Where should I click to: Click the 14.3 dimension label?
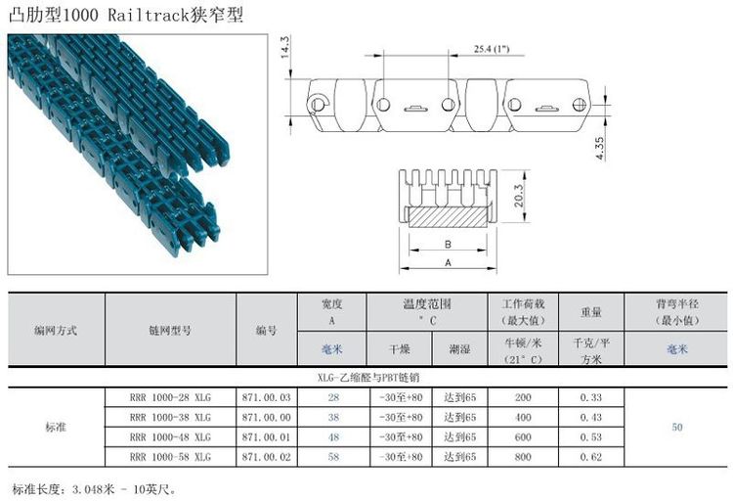pyautogui.click(x=284, y=47)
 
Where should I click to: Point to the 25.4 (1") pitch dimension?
pyautogui.click(x=492, y=49)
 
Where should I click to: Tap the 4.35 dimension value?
pyautogui.click(x=600, y=148)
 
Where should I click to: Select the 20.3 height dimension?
pyautogui.click(x=518, y=196)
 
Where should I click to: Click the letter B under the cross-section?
pyautogui.click(x=448, y=245)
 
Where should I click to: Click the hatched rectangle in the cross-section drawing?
pyautogui.click(x=448, y=217)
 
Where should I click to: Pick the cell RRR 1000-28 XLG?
pyautogui.click(x=170, y=397)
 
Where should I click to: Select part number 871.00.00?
pyautogui.click(x=267, y=417)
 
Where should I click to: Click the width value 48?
pyautogui.click(x=333, y=437)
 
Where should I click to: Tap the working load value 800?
pyautogui.click(x=523, y=457)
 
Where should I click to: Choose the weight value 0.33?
pyautogui.click(x=591, y=397)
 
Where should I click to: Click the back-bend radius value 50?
pyautogui.click(x=677, y=427)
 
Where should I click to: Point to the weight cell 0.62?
pyautogui.click(x=591, y=457)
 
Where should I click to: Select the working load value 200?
pyautogui.click(x=523, y=397)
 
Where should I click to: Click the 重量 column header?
pyautogui.click(x=591, y=312)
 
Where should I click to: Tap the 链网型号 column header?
pyautogui.click(x=170, y=331)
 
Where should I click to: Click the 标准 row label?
pyautogui.click(x=56, y=427)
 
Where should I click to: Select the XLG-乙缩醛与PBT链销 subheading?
pyautogui.click(x=368, y=377)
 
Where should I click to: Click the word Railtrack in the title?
pyautogui.click(x=149, y=15)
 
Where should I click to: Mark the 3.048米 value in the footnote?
pyautogui.click(x=94, y=490)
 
